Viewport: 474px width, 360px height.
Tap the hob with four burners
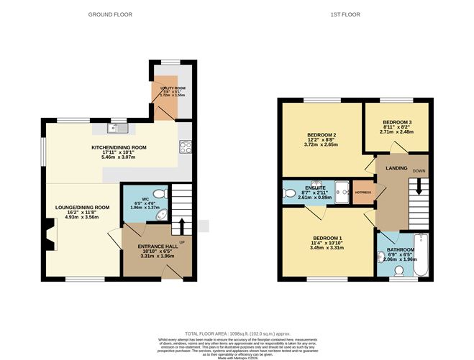(x=184, y=147)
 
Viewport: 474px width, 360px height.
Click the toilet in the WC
(x=160, y=193)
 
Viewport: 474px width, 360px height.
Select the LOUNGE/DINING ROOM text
(x=83, y=207)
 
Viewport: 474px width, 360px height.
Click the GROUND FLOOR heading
(x=109, y=14)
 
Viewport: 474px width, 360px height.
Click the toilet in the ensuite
(x=289, y=193)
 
